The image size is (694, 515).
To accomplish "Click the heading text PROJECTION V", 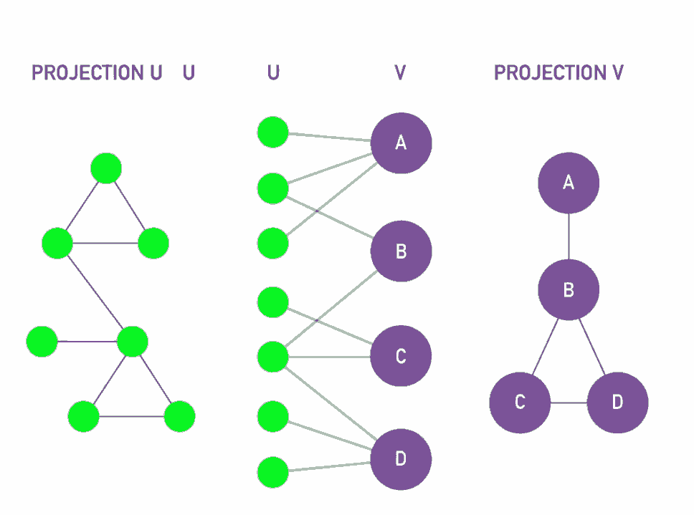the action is (558, 72).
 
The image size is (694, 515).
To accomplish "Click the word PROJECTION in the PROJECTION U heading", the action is (87, 72).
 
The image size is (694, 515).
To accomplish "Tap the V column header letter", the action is (400, 72).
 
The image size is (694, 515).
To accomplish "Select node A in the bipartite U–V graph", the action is (401, 143).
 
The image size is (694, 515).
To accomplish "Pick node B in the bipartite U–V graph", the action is (401, 251).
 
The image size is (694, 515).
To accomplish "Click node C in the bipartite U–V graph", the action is (401, 356).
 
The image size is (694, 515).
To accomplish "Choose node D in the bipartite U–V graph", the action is (401, 459).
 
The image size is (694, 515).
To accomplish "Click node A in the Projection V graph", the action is (569, 183).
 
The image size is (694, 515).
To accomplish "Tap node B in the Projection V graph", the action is (569, 289).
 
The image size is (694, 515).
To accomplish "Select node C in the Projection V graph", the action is (520, 403).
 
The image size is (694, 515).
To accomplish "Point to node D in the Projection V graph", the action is (618, 403).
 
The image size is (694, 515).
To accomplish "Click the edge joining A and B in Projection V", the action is (569, 236).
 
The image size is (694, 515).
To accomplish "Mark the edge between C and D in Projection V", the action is (569, 403).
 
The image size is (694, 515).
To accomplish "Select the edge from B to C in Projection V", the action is (546, 347).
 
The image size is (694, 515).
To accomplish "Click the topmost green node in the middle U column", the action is (273, 133).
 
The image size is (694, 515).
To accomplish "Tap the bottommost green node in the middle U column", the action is (273, 473).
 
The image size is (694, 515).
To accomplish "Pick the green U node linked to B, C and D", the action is (273, 357).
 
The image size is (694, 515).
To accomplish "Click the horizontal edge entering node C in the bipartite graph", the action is (330, 357).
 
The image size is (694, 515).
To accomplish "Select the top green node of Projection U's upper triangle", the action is (106, 168).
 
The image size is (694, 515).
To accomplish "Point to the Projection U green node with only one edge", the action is (42, 342).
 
